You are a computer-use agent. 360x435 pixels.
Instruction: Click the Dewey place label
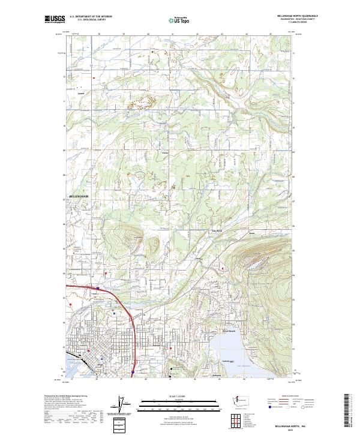pos(199,259)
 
